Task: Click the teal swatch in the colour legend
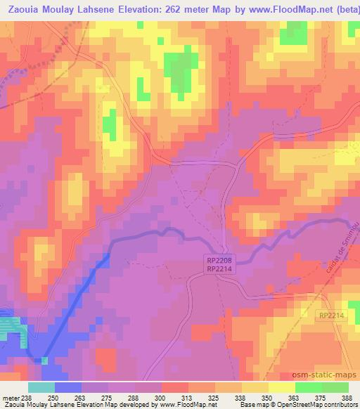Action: [41, 387]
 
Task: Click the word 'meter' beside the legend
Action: [11, 397]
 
